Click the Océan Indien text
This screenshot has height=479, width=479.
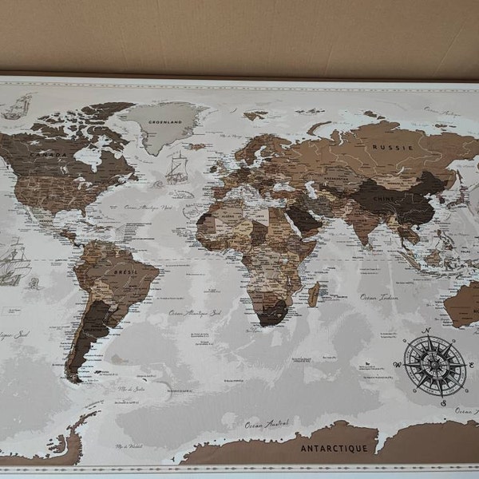click(x=378, y=296)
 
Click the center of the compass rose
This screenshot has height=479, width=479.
click(x=433, y=364)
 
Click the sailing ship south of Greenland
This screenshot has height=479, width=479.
click(x=176, y=168)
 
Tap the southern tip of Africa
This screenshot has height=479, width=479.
click(x=270, y=321)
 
